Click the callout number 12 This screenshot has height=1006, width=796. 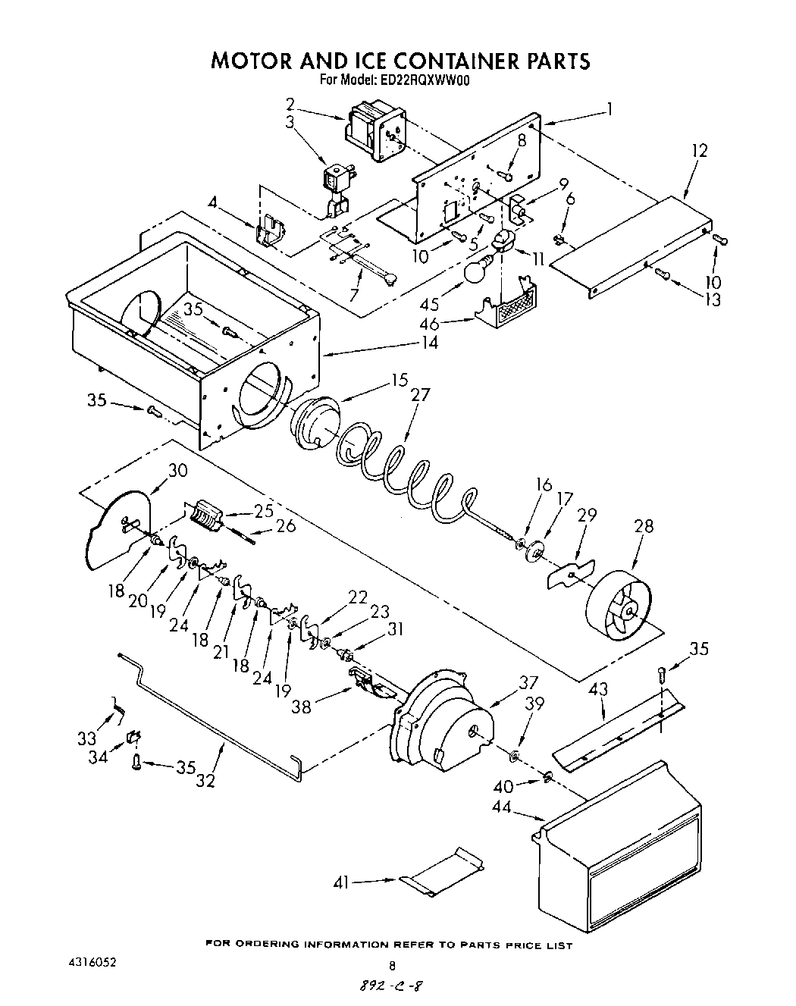pyautogui.click(x=698, y=151)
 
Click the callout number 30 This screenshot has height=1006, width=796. pyautogui.click(x=177, y=470)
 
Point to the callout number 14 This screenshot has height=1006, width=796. pyautogui.click(x=430, y=343)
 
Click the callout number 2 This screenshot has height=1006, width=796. pyautogui.click(x=290, y=104)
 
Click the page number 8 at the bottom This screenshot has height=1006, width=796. pyautogui.click(x=392, y=966)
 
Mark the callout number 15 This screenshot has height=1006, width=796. pyautogui.click(x=400, y=379)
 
